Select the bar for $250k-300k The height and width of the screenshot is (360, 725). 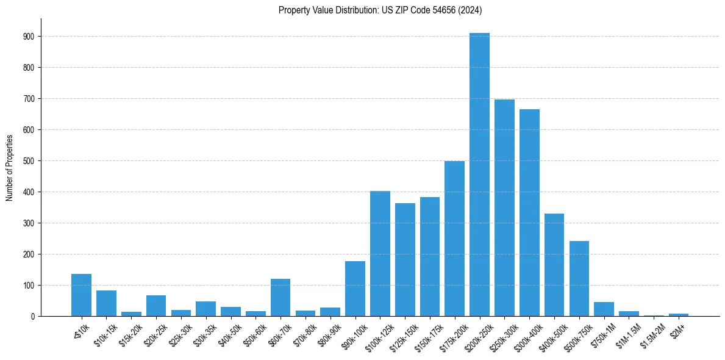[x=504, y=207]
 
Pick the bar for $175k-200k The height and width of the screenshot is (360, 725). [x=454, y=239]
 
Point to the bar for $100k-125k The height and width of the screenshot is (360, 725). [x=380, y=253]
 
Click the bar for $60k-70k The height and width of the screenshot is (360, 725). [x=280, y=297]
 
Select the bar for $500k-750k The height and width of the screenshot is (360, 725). [x=579, y=278]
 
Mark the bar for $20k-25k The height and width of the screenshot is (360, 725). [x=156, y=306]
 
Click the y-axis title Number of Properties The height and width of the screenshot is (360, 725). [x=9, y=167]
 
